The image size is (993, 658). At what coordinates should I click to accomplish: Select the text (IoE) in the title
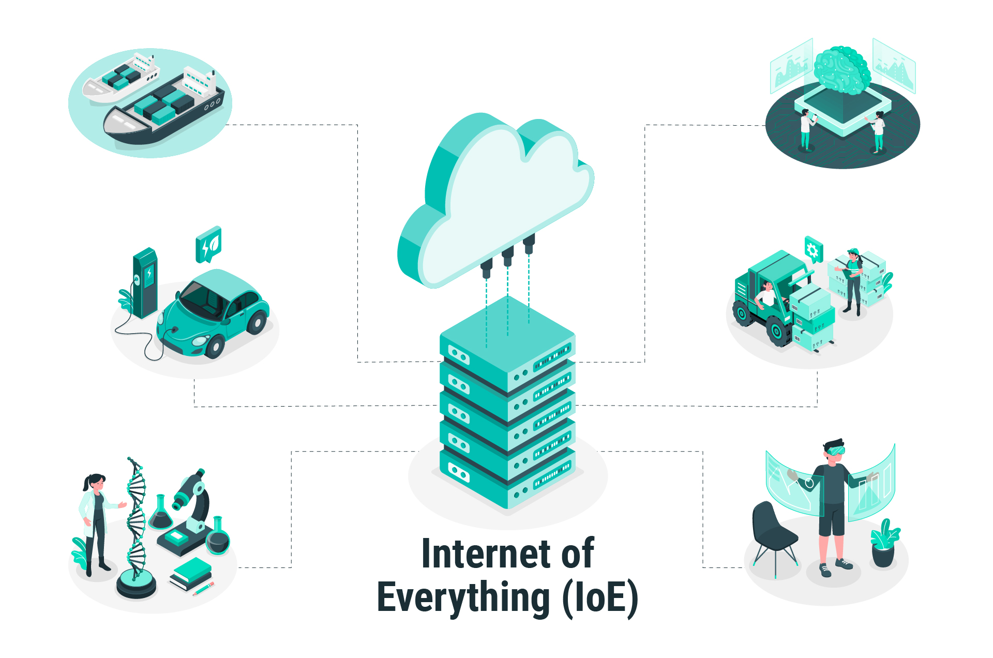[x=600, y=598]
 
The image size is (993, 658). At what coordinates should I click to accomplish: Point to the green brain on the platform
[x=841, y=70]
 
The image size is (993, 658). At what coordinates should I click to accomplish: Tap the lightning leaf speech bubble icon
[x=208, y=244]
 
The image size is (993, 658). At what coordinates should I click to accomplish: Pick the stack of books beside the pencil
[x=191, y=574]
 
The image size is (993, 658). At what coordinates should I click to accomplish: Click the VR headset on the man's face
[x=835, y=451]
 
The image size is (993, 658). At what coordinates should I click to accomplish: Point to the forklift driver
[x=766, y=295]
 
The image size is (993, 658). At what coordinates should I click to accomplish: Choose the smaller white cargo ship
[x=121, y=78]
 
